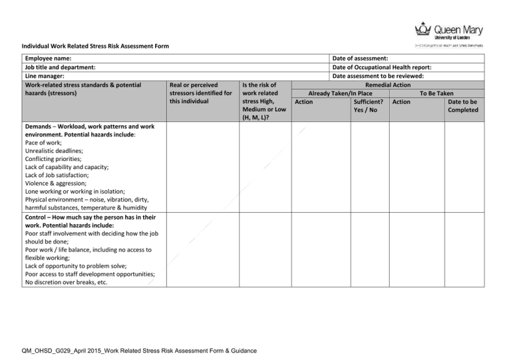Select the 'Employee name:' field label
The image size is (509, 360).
(x=48, y=59)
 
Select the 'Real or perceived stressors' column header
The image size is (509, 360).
(x=200, y=93)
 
